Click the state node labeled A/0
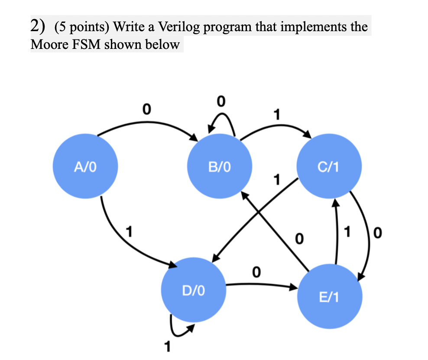tap(84, 167)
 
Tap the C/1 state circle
tap(331, 167)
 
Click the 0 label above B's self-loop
tap(221, 102)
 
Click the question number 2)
tap(39, 27)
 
